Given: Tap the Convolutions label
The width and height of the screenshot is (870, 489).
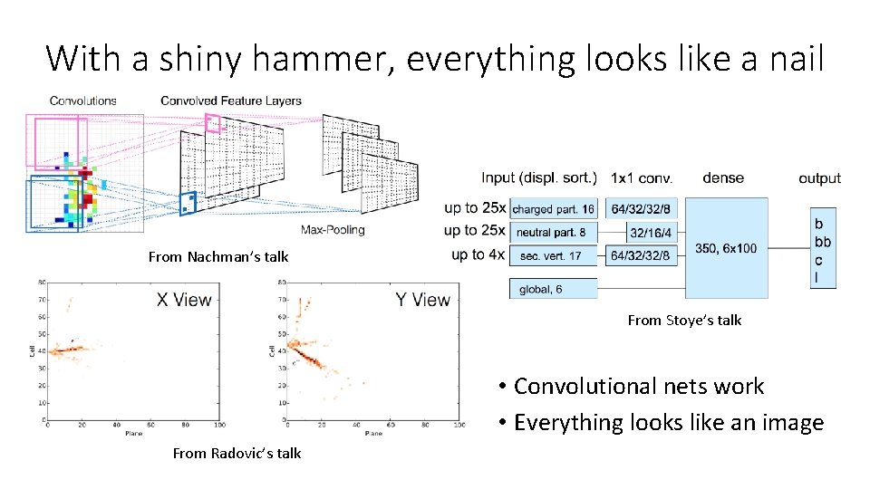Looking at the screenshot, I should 82,101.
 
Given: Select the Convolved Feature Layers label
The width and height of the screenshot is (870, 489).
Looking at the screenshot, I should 231,101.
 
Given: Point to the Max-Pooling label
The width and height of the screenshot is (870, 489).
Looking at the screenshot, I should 333,230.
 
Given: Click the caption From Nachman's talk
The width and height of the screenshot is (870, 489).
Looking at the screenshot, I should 218,256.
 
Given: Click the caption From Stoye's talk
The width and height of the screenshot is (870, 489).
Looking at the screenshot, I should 684,320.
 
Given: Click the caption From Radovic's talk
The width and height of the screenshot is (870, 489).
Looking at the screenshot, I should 237,453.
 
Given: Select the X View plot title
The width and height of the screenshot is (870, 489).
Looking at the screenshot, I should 184,300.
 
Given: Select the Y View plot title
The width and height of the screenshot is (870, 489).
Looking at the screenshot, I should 422,300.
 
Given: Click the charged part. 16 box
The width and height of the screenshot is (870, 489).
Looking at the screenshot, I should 554,209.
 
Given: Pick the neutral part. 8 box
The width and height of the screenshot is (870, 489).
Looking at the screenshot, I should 554,233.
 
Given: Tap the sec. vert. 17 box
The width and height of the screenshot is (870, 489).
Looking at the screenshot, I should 554,256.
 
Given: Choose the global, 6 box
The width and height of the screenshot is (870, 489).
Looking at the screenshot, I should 554,289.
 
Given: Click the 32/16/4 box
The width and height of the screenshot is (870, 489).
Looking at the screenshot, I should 651,233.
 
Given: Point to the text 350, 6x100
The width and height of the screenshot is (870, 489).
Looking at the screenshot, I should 725,248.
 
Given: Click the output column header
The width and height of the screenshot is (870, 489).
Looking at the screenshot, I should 819,178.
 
